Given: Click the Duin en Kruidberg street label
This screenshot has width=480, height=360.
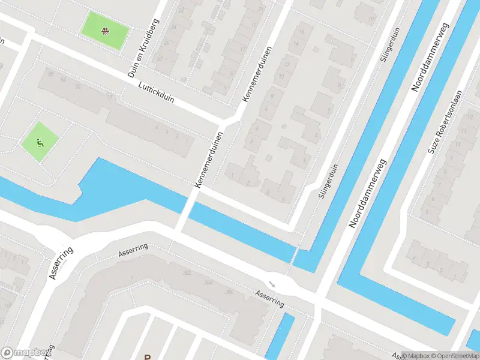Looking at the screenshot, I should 143,48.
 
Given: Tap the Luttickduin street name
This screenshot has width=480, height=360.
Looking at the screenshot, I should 155,92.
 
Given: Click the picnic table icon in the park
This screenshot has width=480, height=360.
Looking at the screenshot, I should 106,30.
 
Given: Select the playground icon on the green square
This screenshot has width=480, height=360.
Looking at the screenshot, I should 40,142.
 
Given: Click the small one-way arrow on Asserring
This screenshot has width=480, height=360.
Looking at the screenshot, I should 272,283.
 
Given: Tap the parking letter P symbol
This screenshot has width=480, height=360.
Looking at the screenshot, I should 147,356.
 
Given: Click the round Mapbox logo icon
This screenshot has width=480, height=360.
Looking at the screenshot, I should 8,353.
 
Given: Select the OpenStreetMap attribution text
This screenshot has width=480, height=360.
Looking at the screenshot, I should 455,355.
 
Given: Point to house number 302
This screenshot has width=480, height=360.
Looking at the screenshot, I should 187,272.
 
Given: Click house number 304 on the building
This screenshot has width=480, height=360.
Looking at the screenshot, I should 208,282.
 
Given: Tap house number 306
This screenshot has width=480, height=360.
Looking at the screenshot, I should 229,292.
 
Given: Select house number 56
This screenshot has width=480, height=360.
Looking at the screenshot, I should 62,78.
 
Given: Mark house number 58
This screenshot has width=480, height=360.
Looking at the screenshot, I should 50,73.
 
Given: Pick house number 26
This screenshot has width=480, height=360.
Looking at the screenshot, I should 165,44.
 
